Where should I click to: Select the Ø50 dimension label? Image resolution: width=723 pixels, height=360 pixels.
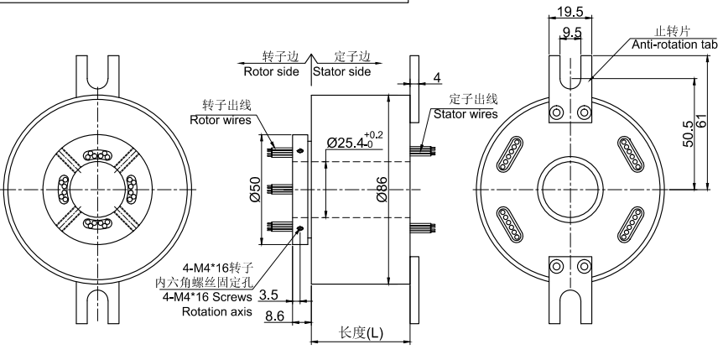(x=256, y=189)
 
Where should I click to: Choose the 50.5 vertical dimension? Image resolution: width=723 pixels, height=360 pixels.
(x=689, y=130)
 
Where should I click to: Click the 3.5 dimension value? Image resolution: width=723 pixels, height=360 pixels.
(x=269, y=295)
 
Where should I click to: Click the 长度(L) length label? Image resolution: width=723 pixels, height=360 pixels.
(x=361, y=332)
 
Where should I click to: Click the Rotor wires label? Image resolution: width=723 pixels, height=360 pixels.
(x=221, y=119)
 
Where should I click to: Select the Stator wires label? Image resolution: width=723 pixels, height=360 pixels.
(x=465, y=113)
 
